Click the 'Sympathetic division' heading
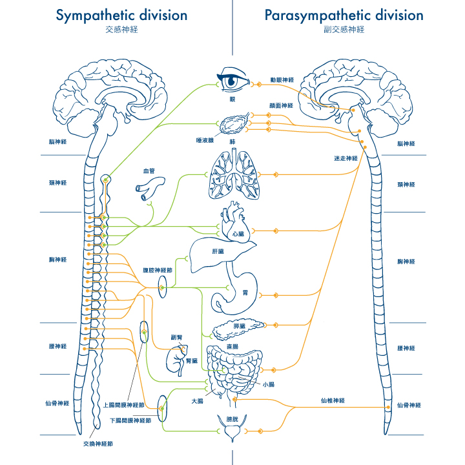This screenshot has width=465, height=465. (121, 15)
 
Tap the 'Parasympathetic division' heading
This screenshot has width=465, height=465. (344, 15)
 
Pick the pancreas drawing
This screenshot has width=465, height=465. (239, 327)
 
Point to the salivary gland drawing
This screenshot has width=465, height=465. (232, 123)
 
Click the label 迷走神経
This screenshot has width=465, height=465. (346, 158)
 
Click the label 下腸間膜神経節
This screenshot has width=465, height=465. (131, 420)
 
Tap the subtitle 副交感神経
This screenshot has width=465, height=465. (344, 30)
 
